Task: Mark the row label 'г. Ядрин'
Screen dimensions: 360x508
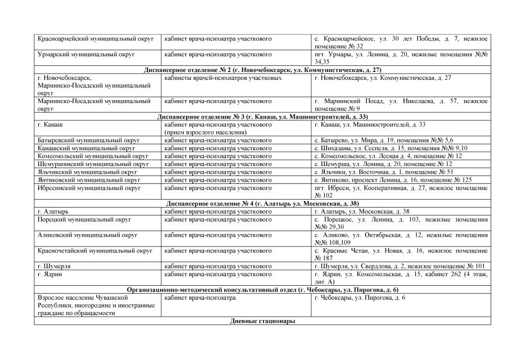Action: (x=49, y=274)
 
